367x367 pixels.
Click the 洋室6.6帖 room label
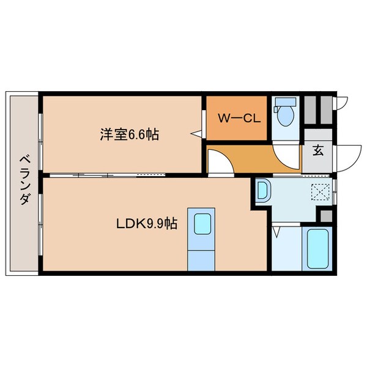pos(129,135)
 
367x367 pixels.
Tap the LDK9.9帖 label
pos(147,224)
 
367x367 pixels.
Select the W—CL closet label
pos(236,119)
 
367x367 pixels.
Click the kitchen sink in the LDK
pos(202,224)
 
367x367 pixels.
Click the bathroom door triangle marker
pos(277,232)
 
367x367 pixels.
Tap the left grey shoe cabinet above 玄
pos(310,110)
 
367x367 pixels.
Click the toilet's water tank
pos(283,102)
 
